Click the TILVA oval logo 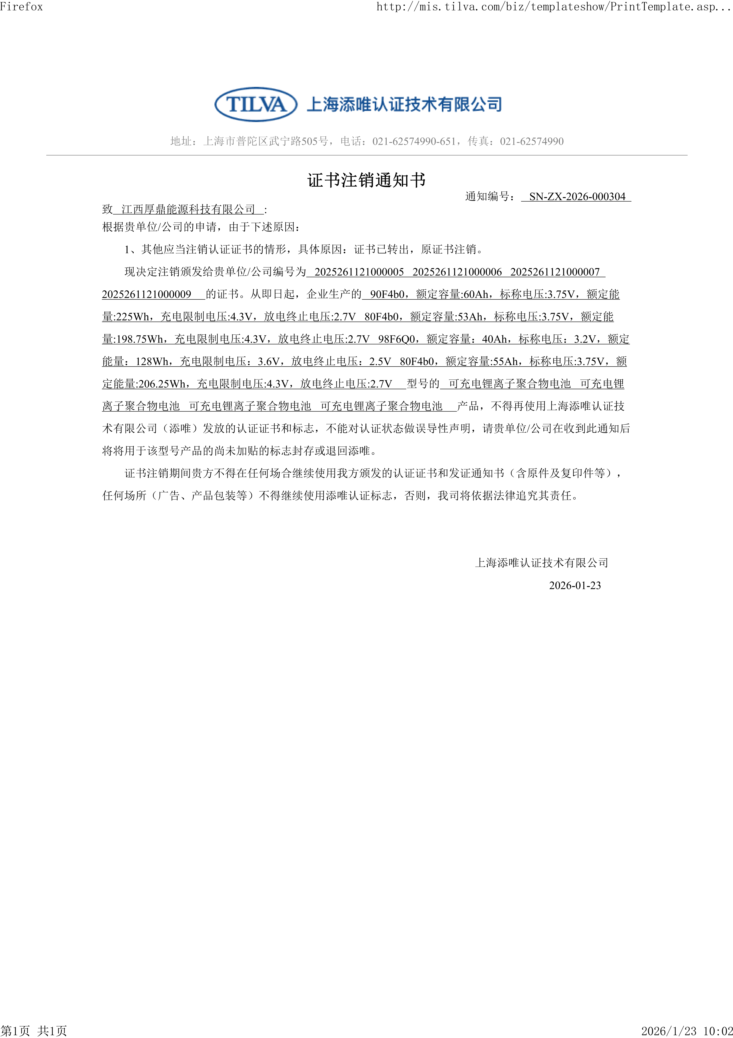point(256,104)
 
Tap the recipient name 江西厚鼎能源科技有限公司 point(188,209)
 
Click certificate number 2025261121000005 point(359,272)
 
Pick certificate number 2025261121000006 point(457,272)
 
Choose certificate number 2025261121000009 point(147,294)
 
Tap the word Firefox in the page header point(21,6)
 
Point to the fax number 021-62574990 point(532,142)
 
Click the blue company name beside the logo point(404,104)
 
